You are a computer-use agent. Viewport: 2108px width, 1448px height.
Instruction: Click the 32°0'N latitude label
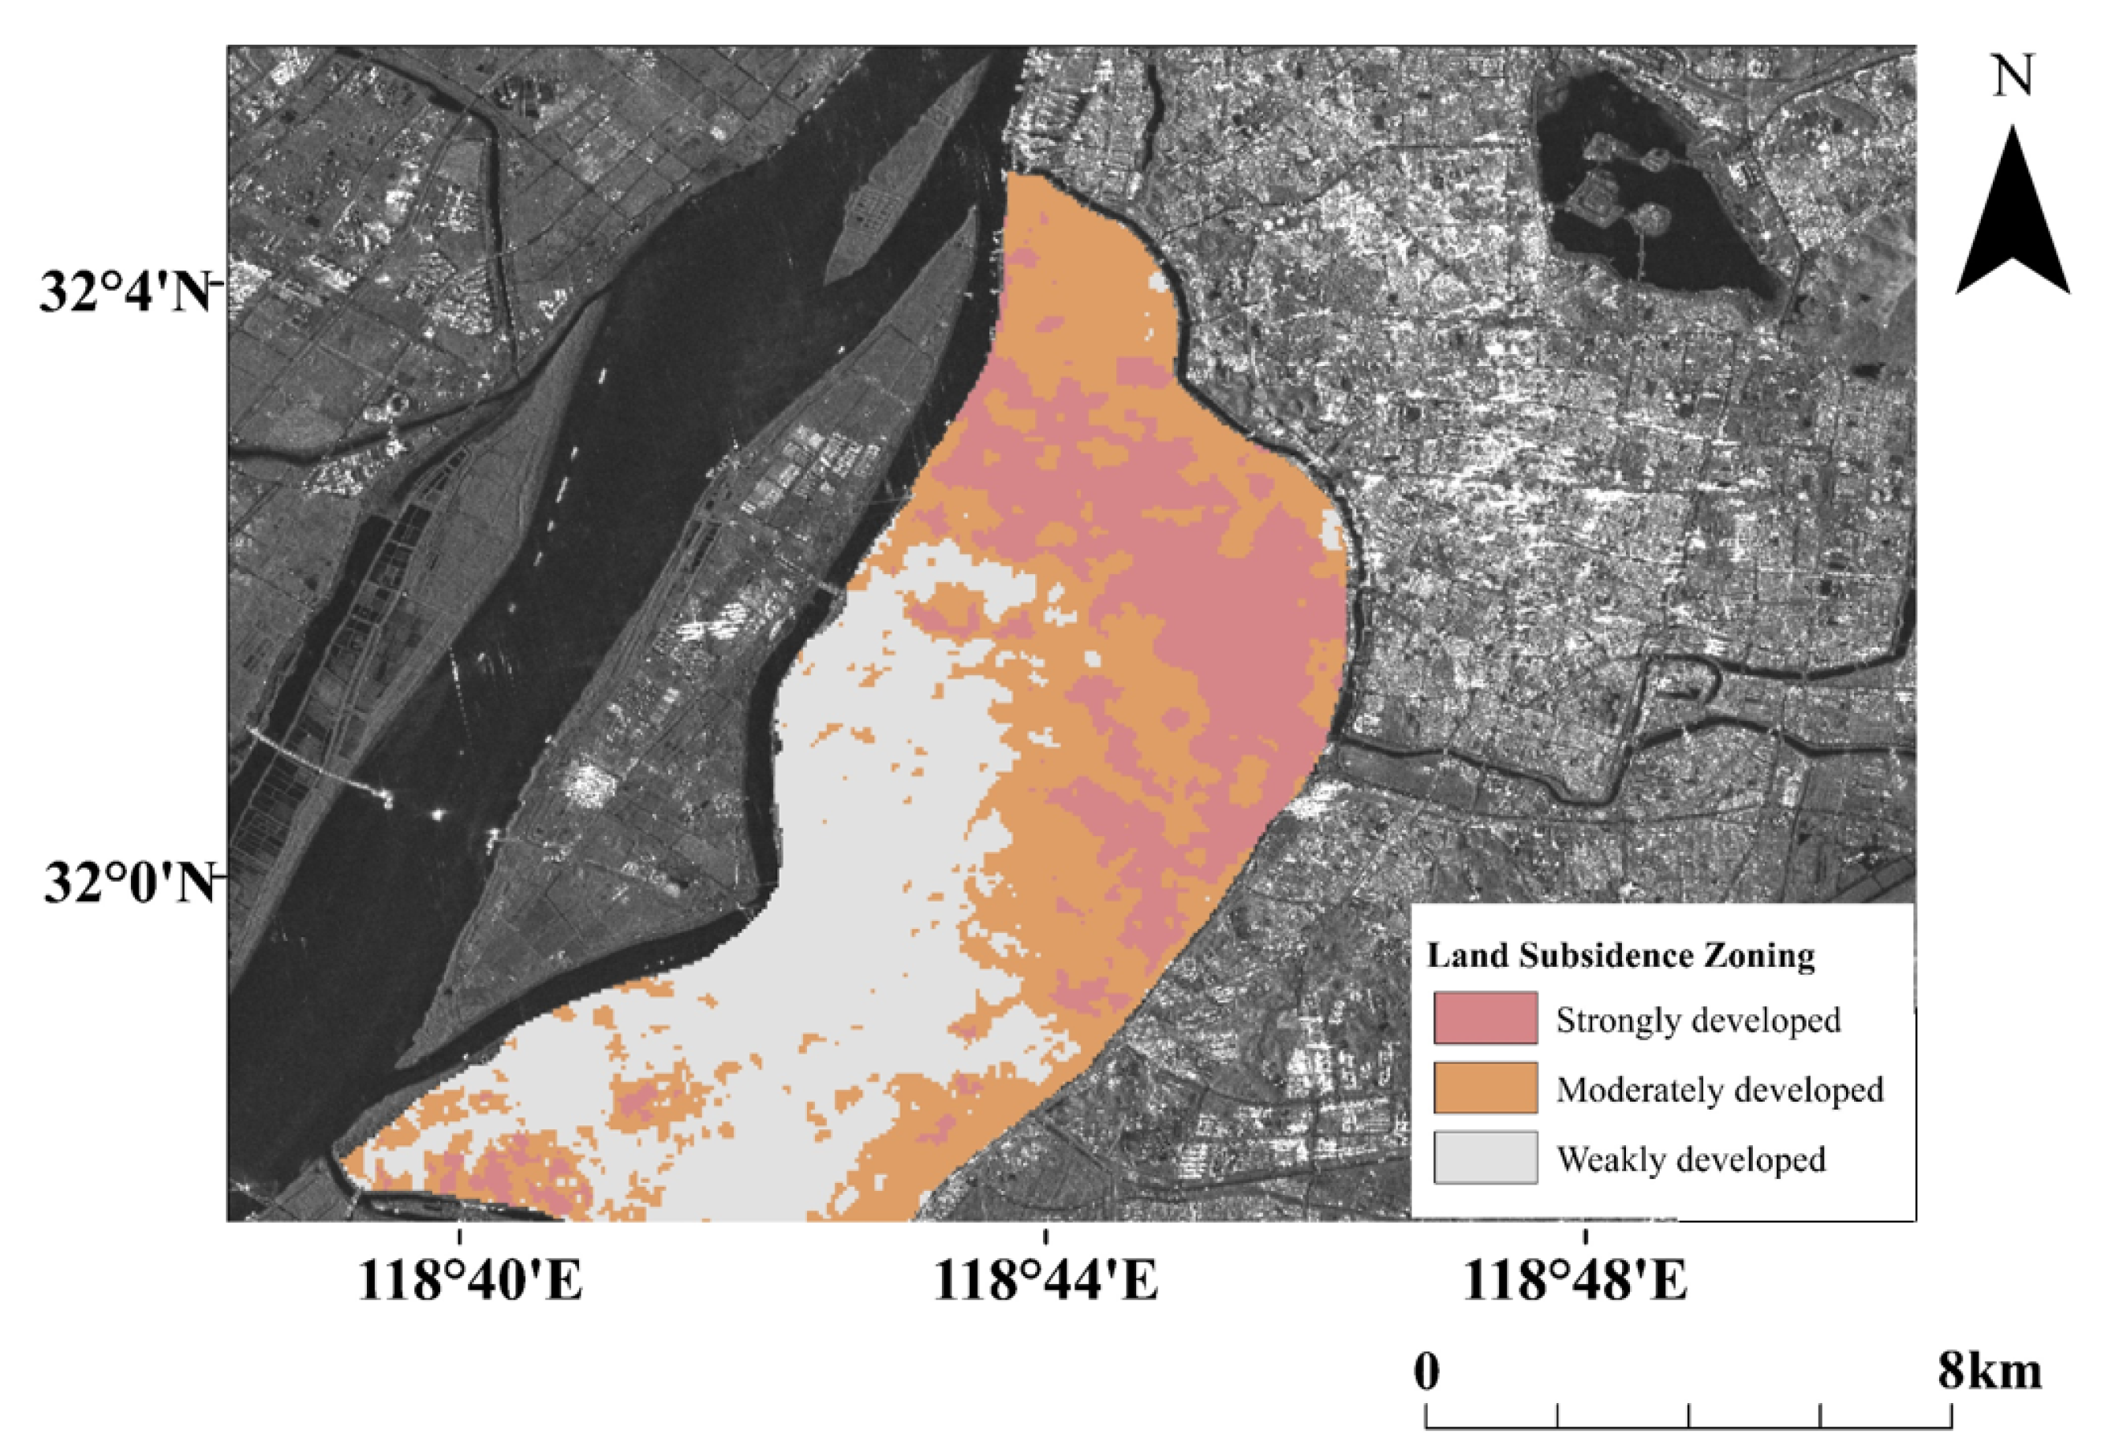coord(127,883)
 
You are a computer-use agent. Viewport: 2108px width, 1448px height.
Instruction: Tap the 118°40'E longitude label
coord(470,1282)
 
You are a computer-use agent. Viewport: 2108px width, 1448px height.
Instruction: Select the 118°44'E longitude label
coord(1045,1282)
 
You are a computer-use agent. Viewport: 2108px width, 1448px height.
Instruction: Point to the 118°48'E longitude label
coord(1575,1282)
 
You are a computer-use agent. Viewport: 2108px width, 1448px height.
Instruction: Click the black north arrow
coord(2012,218)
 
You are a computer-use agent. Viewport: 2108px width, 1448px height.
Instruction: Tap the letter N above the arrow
coord(2013,77)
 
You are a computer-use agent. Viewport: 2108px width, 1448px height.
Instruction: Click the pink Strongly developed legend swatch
coord(1485,1018)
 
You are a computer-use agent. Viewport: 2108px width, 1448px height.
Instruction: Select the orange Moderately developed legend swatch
coord(1485,1088)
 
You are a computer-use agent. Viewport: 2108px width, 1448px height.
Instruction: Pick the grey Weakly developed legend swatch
coord(1485,1158)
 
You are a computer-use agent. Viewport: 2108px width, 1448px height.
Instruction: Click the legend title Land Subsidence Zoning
coord(1620,955)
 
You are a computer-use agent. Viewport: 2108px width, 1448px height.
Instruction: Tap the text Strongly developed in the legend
coord(1698,1020)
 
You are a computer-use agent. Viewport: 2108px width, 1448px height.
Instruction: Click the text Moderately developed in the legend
coord(1720,1090)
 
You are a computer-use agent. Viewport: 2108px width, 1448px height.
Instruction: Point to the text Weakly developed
coord(1691,1159)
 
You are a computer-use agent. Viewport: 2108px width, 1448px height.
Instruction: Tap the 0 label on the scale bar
coord(1427,1371)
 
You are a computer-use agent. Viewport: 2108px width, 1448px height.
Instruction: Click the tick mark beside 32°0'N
coord(218,877)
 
